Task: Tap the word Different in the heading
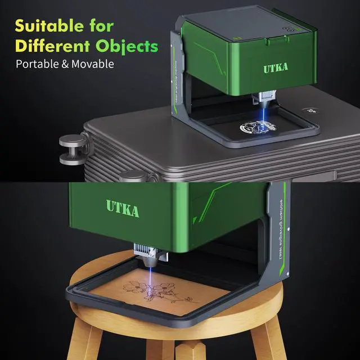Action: [x=48, y=45]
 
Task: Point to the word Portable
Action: [x=39, y=64]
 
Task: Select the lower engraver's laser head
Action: [x=150, y=256]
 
